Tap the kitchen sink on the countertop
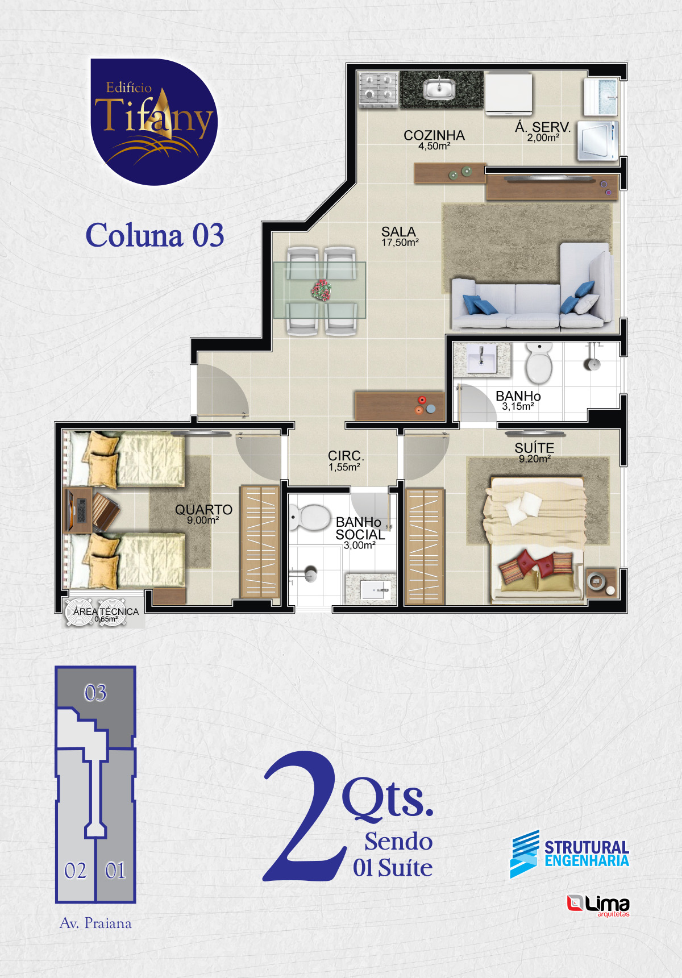[438, 89]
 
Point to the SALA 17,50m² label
[400, 236]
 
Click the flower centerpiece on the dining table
[321, 290]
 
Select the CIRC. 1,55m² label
[346, 461]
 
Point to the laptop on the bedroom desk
[78, 509]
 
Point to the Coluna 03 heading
[155, 235]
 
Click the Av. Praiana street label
[95, 923]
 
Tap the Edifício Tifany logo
[153, 122]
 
